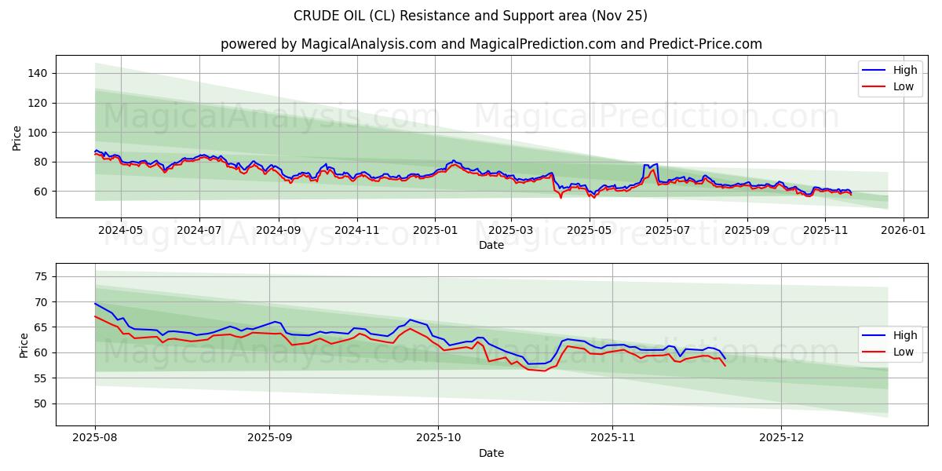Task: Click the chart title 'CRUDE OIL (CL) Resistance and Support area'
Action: coord(470,16)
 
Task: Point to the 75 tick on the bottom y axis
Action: coord(40,276)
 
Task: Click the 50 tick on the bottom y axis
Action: coord(40,403)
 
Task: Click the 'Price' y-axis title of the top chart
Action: coord(17,137)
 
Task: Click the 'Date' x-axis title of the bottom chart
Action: coord(491,453)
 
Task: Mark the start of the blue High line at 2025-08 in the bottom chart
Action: coord(95,303)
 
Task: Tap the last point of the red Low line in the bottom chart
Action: coord(725,366)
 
